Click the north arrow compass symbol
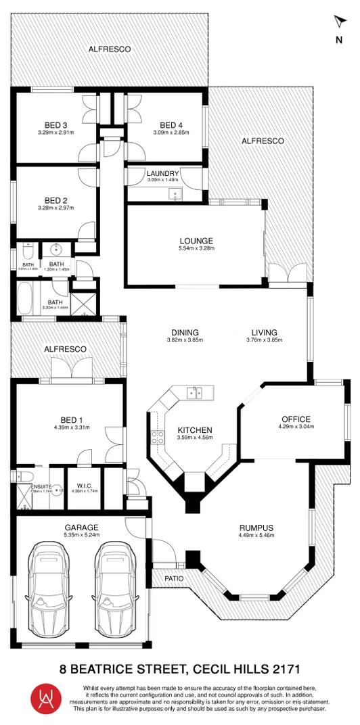click(339, 22)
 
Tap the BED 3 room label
click(56, 124)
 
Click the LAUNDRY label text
click(162, 174)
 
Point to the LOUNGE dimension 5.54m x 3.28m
click(196, 249)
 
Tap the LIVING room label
click(265, 332)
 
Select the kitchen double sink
click(197, 392)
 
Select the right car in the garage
click(116, 588)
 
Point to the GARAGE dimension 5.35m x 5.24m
click(82, 535)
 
